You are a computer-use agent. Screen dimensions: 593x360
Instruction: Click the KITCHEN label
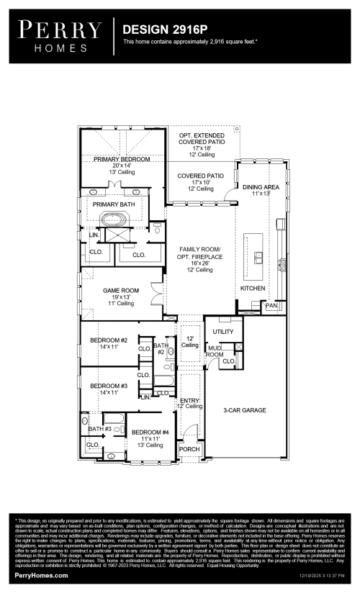pos(253,288)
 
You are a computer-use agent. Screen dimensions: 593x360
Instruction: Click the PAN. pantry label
pos(271,306)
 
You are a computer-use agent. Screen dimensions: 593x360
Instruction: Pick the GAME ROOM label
pos(117,290)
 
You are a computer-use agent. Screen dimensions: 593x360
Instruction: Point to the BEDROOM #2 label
pos(109,340)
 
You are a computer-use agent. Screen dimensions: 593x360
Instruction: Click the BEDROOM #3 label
pos(109,386)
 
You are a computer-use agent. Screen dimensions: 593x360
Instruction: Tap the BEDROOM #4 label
pos(150,432)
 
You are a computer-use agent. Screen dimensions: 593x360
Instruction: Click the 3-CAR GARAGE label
pos(245,409)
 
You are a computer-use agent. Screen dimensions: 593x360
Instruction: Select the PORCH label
pos(189,449)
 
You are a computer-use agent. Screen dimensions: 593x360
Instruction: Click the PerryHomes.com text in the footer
pos(42,576)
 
